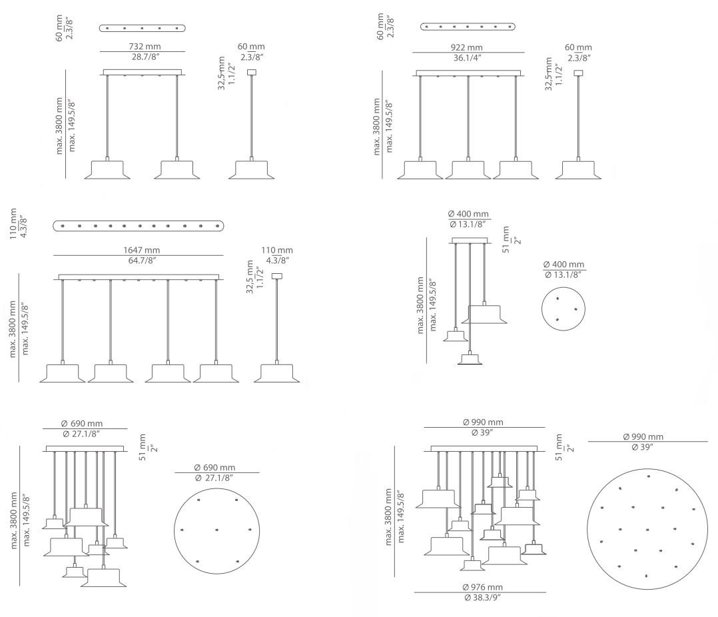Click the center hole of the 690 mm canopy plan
click(x=216, y=530)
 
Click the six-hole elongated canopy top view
click(x=143, y=28)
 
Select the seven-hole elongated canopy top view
click(x=468, y=27)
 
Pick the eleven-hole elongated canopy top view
click(x=138, y=226)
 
